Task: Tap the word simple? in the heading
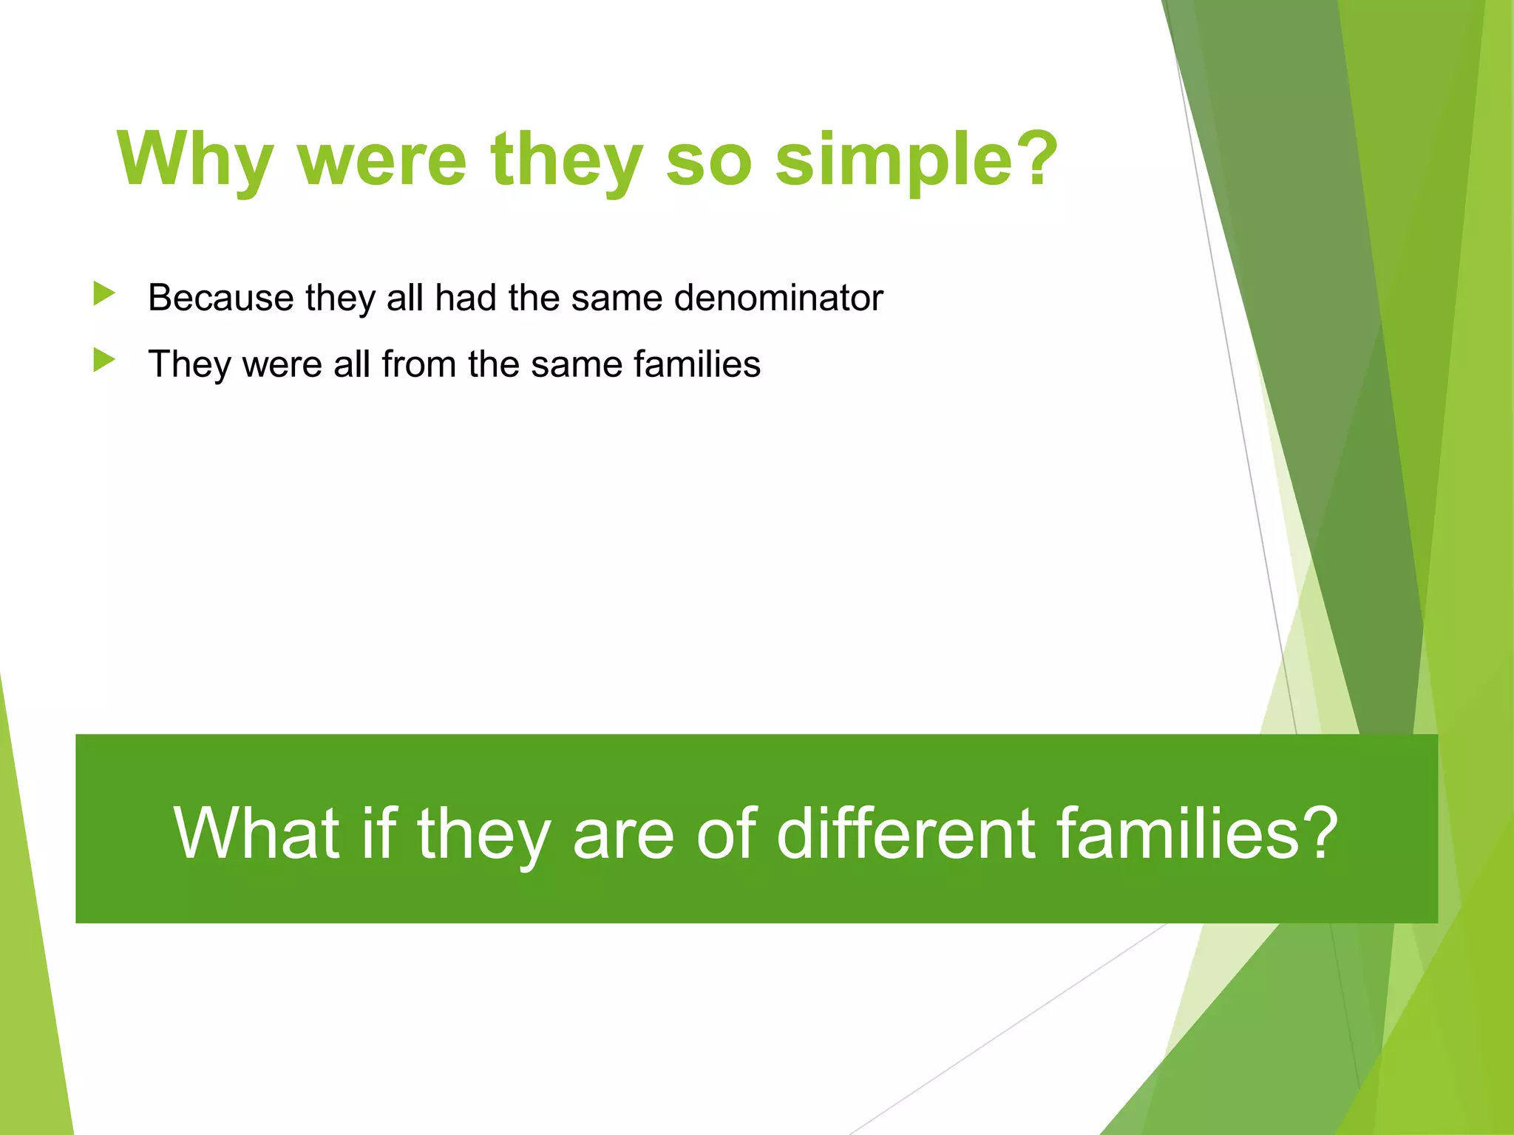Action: tap(917, 160)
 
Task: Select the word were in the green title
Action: tap(382, 160)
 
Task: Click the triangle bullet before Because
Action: tap(104, 294)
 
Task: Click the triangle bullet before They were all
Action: tap(104, 361)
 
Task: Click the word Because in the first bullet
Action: tap(221, 298)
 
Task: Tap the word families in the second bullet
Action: tap(696, 364)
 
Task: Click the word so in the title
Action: tap(708, 160)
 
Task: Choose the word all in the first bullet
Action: tap(405, 298)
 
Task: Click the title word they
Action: tap(566, 160)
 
